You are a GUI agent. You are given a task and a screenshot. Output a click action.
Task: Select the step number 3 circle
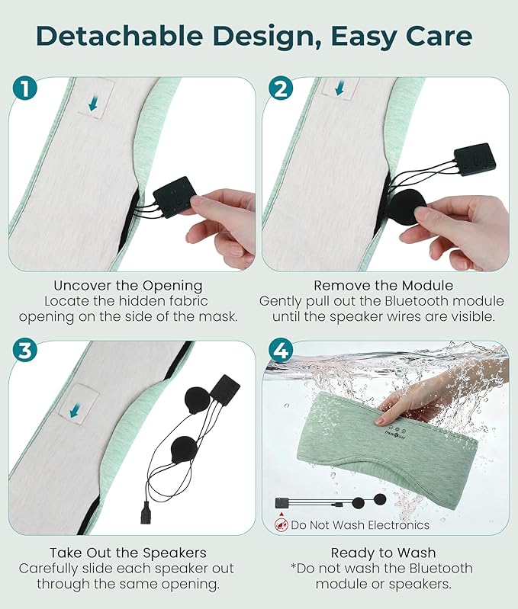(x=24, y=351)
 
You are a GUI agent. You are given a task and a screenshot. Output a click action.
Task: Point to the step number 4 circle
(x=281, y=351)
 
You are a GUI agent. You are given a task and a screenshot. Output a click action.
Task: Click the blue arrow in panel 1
(x=93, y=104)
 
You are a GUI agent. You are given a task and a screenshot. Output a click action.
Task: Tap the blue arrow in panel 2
(x=339, y=88)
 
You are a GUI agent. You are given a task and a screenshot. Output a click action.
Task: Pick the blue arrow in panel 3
(x=76, y=411)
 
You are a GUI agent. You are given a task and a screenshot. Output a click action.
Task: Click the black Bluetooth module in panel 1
(x=174, y=197)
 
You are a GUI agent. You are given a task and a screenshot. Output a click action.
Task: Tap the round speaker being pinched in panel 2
(x=407, y=207)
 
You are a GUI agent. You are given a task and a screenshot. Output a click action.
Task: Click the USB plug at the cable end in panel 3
(x=146, y=513)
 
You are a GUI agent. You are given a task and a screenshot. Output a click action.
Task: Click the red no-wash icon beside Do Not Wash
(x=281, y=524)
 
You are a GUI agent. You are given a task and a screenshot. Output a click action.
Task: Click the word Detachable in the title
(x=119, y=36)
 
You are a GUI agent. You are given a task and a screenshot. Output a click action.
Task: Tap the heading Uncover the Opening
(x=128, y=286)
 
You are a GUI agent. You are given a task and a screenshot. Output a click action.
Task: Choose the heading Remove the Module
(x=383, y=286)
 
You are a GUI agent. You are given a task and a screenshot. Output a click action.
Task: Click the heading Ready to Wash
(x=383, y=553)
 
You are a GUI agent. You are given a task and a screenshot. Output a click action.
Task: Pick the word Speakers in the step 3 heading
(x=175, y=553)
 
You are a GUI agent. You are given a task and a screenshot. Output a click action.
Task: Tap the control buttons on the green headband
(x=397, y=431)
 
